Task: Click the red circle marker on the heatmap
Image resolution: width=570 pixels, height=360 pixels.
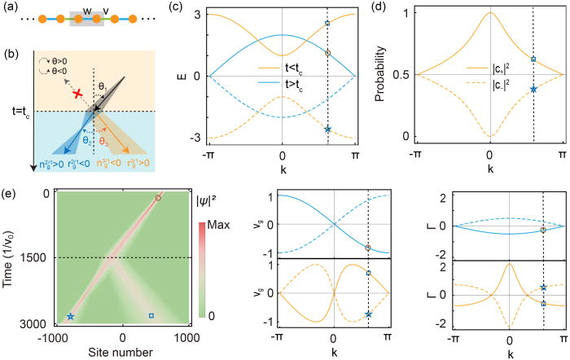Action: [x=159, y=198]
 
